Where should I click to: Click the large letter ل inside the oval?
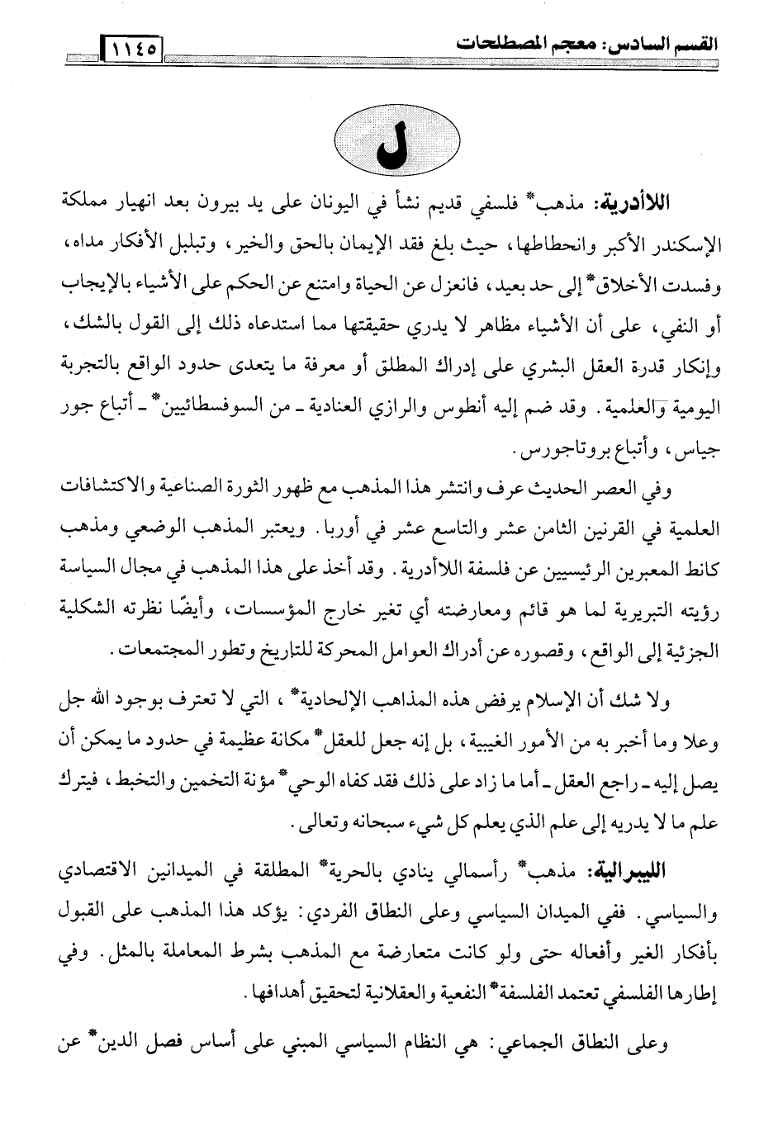(391, 148)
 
